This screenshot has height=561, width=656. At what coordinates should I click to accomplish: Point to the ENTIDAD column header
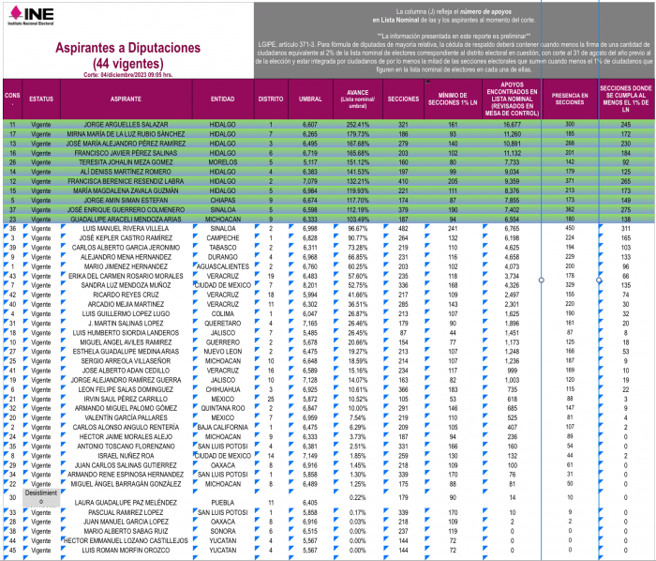point(223,98)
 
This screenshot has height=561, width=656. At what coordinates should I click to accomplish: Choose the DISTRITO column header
point(271,98)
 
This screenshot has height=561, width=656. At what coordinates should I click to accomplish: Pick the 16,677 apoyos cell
point(506,125)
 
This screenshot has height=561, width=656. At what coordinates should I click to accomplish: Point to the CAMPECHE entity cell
point(223,238)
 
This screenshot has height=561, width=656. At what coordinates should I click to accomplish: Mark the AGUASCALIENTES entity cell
point(223,266)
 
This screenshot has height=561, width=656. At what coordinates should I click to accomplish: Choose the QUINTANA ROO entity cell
point(223,409)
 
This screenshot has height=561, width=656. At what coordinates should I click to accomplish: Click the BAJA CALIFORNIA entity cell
point(223,428)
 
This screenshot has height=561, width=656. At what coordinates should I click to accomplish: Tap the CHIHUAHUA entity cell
point(223,390)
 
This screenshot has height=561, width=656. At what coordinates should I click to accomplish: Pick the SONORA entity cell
point(223,531)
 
